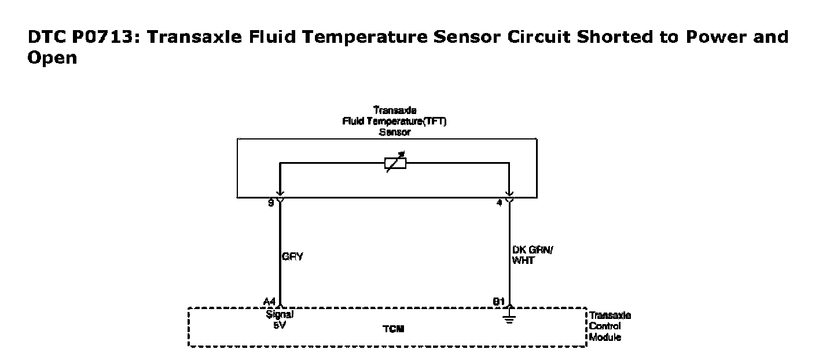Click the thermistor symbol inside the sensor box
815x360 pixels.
tap(395, 163)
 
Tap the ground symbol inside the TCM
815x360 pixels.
tap(509, 318)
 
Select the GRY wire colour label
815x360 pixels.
tap(293, 256)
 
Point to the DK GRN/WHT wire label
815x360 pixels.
tap(531, 255)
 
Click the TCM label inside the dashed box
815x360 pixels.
tap(393, 329)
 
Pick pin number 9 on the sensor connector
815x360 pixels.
tap(271, 203)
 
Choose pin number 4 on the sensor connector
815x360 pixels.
tap(500, 203)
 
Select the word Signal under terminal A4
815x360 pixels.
tap(280, 315)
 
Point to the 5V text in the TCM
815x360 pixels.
tap(280, 325)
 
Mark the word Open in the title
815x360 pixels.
tap(52, 58)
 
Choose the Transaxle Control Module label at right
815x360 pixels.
tap(610, 326)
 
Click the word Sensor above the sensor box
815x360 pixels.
tap(395, 132)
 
